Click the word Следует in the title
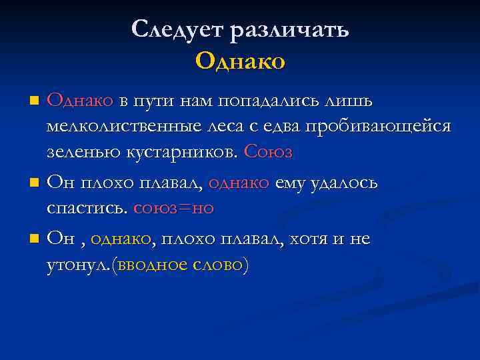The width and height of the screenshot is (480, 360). [176, 30]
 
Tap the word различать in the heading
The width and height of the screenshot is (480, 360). [289, 30]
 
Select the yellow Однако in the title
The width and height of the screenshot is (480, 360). [240, 61]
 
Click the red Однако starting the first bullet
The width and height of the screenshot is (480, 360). [80, 101]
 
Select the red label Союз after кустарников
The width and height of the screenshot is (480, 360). [268, 151]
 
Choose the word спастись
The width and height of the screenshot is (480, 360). [87, 208]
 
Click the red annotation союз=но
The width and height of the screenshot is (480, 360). [173, 208]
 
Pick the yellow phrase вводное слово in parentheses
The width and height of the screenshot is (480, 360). [180, 265]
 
